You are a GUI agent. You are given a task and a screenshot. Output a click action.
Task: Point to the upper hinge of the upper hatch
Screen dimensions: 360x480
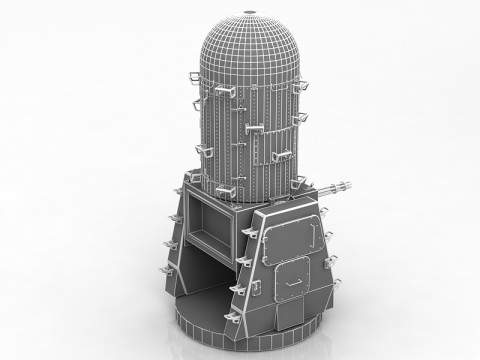[x=262, y=221]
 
